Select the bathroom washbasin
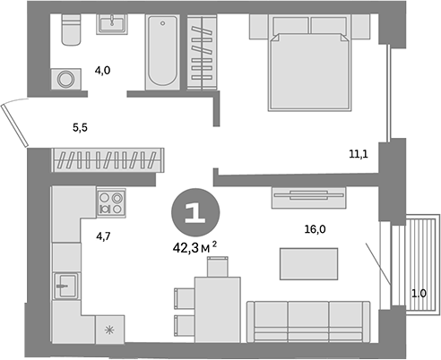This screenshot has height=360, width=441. click(113, 24)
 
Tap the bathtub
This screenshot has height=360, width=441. click(162, 52)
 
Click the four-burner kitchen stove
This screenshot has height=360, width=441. click(111, 202)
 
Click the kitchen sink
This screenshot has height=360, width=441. click(65, 289)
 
